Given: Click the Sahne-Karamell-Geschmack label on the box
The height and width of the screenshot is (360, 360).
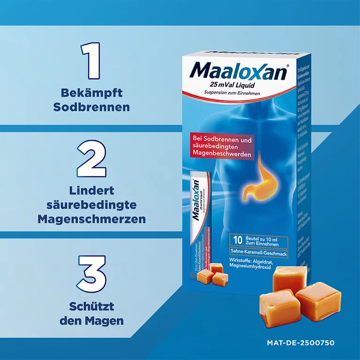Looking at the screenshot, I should pyautogui.click(x=264, y=254).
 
